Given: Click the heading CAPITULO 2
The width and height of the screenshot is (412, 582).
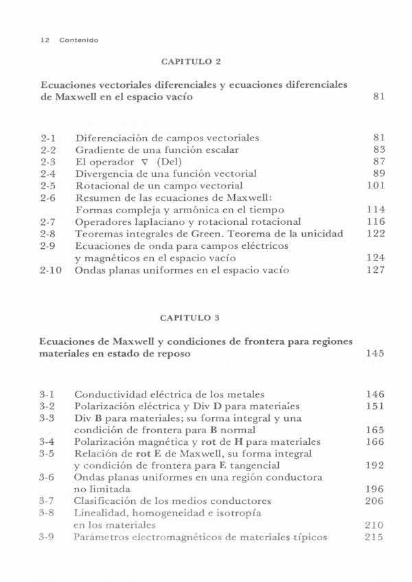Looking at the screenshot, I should click(190, 62).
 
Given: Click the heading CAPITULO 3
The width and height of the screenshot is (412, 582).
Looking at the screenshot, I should click(190, 317).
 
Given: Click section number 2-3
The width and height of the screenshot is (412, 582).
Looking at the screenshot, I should click(48, 161).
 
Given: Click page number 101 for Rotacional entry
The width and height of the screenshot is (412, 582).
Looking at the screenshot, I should click(375, 186).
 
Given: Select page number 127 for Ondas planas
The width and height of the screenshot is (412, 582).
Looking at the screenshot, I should click(375, 270).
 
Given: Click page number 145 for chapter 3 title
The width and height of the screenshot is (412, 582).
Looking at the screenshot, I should click(375, 354).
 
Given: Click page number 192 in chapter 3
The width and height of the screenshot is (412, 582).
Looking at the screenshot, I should click(375, 465).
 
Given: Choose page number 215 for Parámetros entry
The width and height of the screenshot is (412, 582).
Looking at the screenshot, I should click(375, 537).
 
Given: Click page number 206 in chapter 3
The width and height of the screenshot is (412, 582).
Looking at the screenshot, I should click(375, 501).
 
